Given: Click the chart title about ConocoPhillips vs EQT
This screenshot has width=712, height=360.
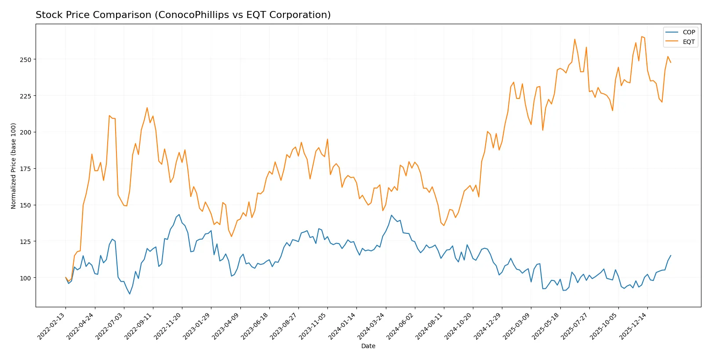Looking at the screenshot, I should point(183,15).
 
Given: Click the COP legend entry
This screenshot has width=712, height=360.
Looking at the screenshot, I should point(688,32).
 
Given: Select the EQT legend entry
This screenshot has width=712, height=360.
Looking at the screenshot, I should point(688,42).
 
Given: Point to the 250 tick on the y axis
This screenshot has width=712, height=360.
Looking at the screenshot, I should point(25,59).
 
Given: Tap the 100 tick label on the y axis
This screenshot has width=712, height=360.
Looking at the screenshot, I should point(25,278).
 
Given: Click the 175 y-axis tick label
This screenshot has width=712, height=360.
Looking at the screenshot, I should point(25,169).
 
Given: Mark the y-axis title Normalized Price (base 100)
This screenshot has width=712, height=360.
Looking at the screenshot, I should point(14,166).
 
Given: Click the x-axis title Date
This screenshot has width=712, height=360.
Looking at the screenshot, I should point(368,346).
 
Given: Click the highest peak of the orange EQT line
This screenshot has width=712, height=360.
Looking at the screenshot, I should point(642,36).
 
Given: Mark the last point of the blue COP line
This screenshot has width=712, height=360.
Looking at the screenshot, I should point(671,255).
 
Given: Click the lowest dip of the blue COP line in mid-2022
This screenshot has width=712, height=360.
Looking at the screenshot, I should point(130,294).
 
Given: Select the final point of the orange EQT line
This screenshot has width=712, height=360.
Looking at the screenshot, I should point(671,62).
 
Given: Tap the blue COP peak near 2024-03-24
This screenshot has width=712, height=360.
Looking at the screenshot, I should point(392,215).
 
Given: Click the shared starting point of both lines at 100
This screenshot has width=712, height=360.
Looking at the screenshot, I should point(65,278).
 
